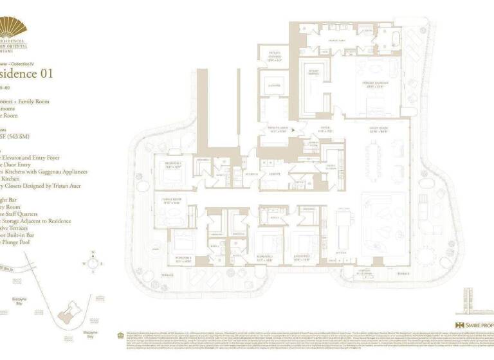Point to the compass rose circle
(x=94, y=262)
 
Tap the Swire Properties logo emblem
(x=459, y=325)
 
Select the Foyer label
(x=325, y=128)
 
